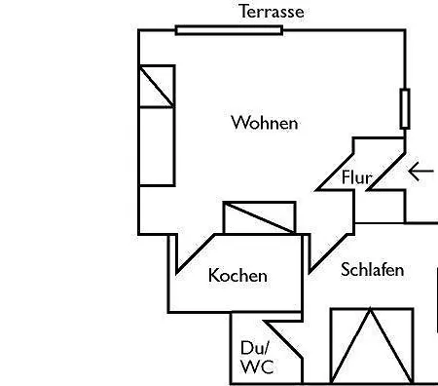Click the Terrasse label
coord(272,12)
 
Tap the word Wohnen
coord(265,123)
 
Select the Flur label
coord(356,177)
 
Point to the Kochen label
coord(237,275)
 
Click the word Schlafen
coord(372,270)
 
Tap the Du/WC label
coord(257,357)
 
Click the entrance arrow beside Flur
coord(421,172)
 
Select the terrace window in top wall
coord(229,30)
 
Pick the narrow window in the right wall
coord(405,109)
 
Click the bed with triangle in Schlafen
coord(372,346)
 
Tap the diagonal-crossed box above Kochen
coord(259,217)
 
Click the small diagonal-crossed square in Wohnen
coord(157,86)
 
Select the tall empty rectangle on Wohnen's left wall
coord(157,146)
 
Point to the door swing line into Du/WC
coord(283,339)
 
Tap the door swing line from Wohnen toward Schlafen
coord(330,252)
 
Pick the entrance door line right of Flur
coord(385,171)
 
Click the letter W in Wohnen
coord(239,123)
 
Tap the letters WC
coord(257,367)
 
